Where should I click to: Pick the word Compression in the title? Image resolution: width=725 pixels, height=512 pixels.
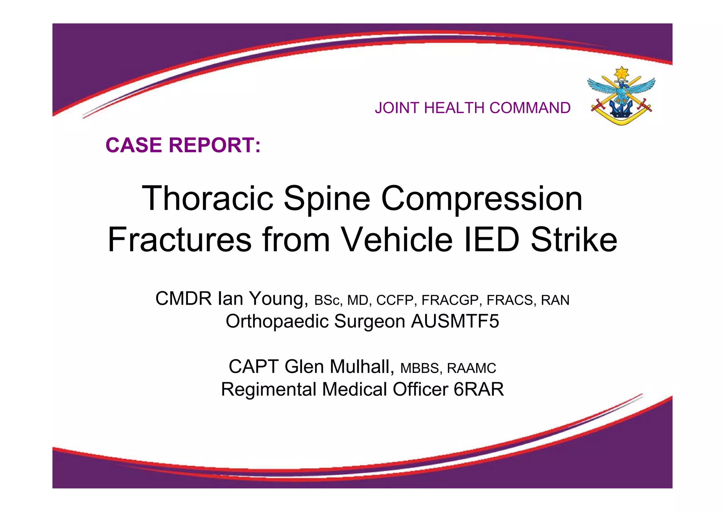tap(482, 199)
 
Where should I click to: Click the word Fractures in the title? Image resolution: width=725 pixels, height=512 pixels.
tap(179, 240)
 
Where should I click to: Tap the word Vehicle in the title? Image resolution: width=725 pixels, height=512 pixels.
tap(397, 240)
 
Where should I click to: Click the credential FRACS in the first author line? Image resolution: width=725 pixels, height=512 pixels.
tap(510, 300)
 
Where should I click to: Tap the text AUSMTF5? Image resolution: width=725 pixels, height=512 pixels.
tap(455, 321)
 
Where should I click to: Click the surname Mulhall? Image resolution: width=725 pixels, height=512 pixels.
tap(362, 367)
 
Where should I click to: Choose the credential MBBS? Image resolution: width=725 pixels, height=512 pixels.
tap(419, 368)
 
